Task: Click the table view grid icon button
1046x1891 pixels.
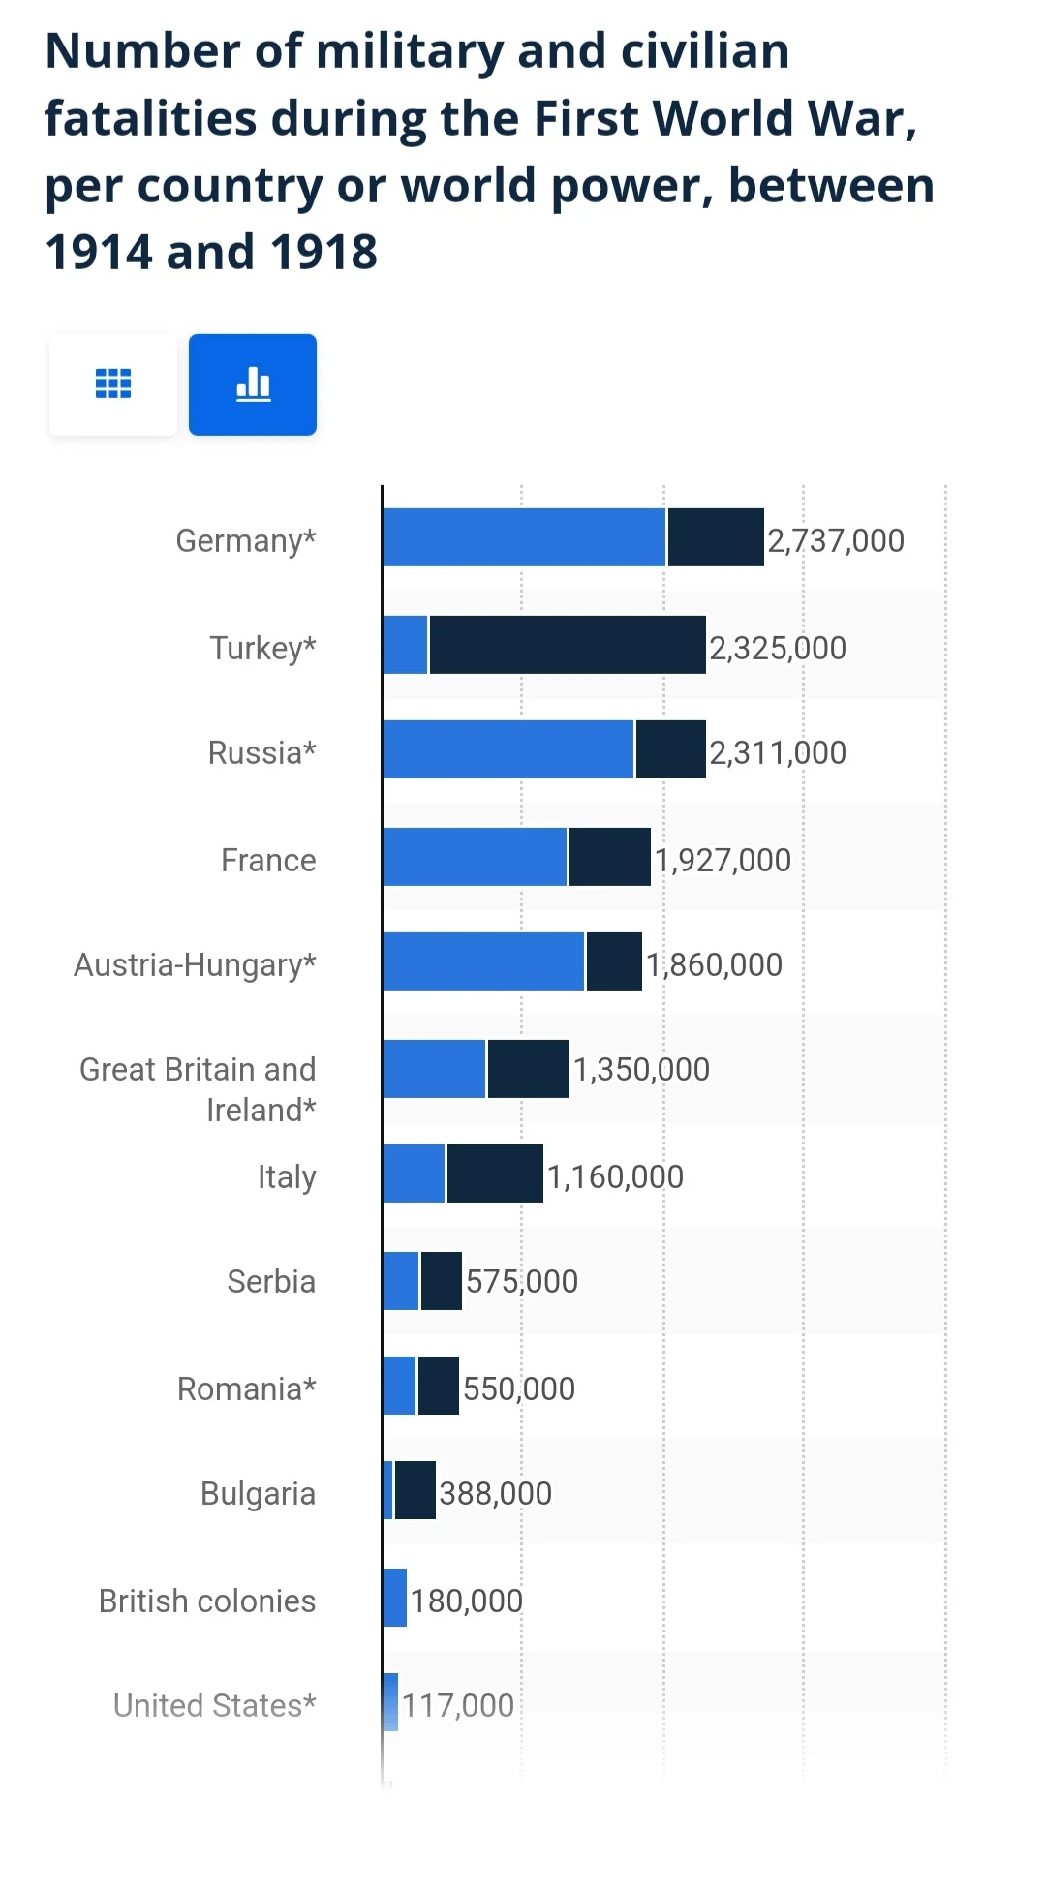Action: [113, 384]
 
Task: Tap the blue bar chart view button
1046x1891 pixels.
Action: [253, 384]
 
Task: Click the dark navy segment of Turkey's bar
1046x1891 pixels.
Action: [568, 645]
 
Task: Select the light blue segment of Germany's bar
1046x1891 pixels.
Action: [524, 537]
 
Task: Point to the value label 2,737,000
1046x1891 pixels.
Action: [836, 540]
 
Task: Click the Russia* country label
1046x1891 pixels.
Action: [261, 752]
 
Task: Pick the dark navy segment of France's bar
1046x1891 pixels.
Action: [610, 857]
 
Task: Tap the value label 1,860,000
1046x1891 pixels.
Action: [714, 964]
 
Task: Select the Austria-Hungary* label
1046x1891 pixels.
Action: [195, 964]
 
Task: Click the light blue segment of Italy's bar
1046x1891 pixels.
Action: [414, 1174]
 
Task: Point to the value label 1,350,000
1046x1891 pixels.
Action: [641, 1069]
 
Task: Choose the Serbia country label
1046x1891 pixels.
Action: [271, 1281]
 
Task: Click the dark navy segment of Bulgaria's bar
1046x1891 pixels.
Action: [415, 1490]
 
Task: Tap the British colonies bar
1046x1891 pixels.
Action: [395, 1598]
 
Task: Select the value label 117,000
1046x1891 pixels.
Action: [458, 1705]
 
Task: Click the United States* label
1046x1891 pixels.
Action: [215, 1705]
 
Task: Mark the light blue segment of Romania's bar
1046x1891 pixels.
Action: [399, 1386]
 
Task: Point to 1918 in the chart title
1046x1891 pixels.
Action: [323, 253]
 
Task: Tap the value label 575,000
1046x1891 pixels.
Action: [522, 1281]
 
